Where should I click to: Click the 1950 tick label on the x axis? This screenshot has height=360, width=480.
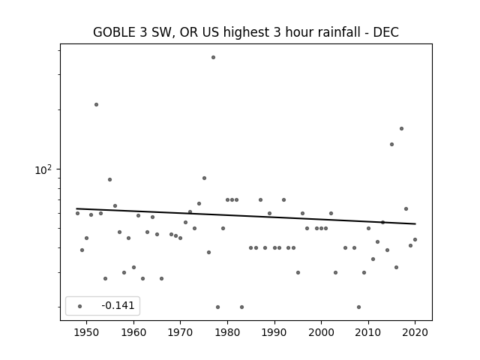pos(87,332)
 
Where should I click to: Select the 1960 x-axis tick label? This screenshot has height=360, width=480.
pos(133,332)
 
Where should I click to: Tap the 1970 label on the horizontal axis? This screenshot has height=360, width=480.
pos(180,332)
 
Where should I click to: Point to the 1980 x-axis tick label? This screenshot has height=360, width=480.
pos(227,332)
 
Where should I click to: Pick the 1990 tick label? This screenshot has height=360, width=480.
pos(274,332)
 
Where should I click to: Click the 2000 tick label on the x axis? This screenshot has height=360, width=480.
pos(321,332)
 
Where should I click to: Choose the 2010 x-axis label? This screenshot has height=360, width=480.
pos(368,332)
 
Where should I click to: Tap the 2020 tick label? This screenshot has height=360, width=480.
pos(415,332)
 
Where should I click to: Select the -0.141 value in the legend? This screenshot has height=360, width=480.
pos(118,305)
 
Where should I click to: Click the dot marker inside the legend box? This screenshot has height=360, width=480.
pos(79,306)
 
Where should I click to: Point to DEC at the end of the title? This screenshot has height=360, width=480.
pos(385,32)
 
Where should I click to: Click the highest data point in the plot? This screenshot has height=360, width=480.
pos(213,57)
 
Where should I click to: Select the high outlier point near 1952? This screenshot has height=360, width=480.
pos(96,105)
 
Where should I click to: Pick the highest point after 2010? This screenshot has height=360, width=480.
pos(401,128)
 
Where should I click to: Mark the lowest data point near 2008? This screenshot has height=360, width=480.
pos(358,307)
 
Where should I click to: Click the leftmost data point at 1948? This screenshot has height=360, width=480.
pos(77,213)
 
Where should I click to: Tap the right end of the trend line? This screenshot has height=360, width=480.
pos(415,223)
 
